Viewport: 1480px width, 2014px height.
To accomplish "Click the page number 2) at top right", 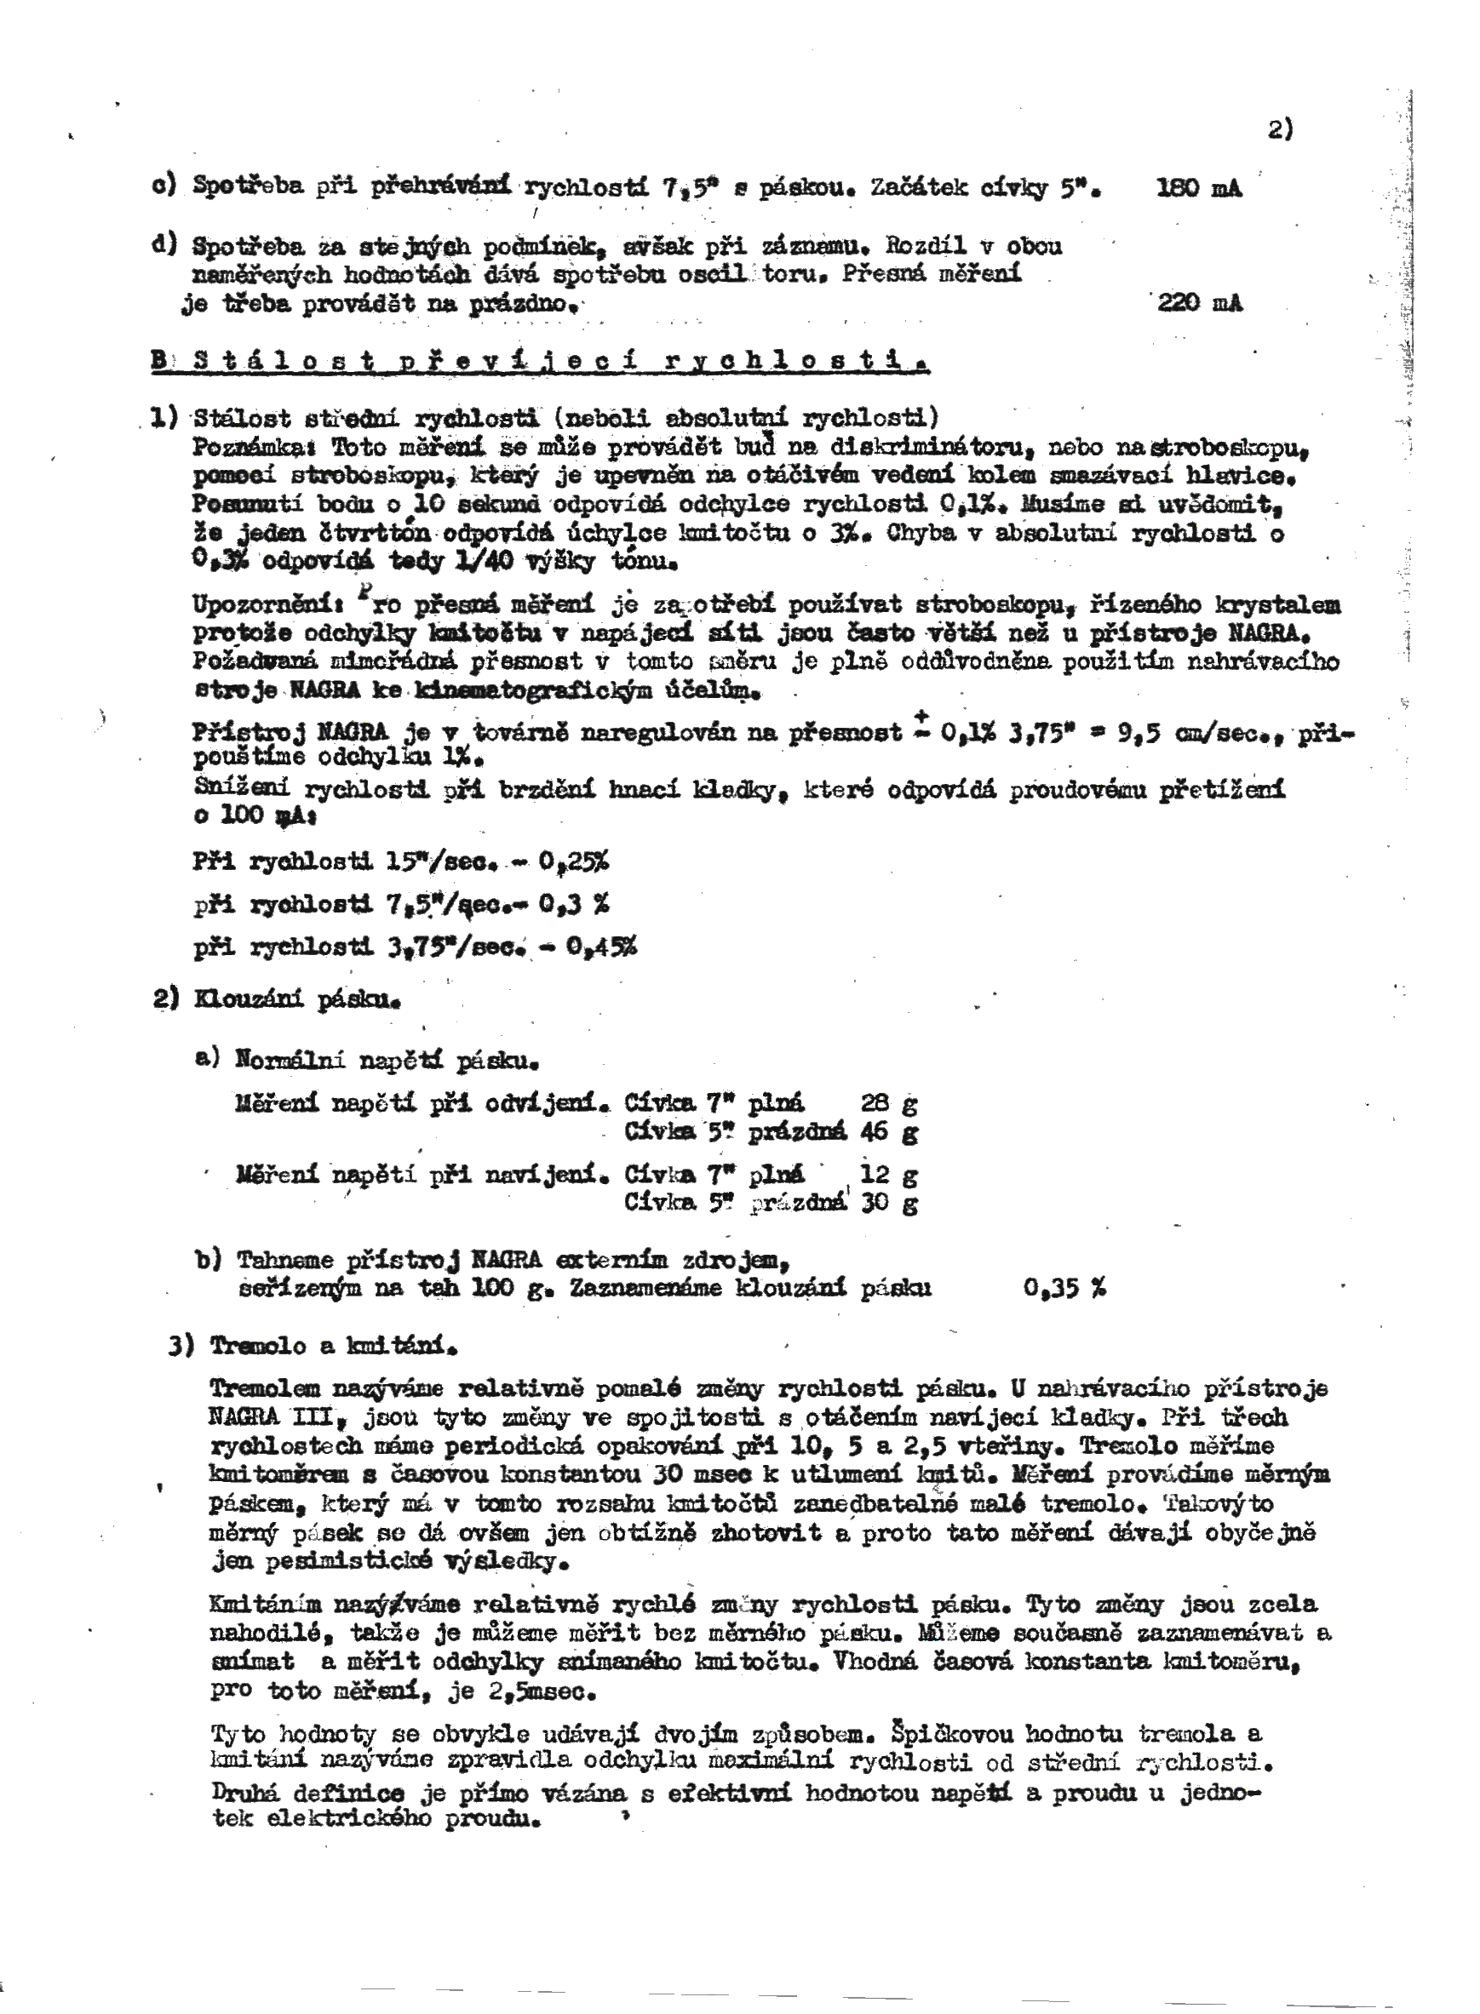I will (1280, 130).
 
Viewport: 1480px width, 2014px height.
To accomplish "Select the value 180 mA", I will (1199, 189).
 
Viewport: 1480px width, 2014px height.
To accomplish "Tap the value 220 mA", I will (1200, 304).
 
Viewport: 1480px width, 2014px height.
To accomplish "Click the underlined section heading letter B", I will (159, 362).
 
